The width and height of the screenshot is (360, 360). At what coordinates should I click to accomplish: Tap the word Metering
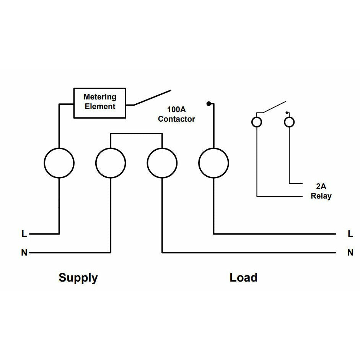point(100,97)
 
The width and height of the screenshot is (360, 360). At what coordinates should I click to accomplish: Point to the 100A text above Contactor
point(176,109)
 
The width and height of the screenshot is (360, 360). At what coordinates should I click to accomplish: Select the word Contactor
point(176,119)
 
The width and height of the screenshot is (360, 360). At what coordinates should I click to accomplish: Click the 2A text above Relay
point(321,187)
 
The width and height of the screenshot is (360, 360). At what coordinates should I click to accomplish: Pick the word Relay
point(321,196)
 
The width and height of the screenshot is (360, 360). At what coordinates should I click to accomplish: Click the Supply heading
point(78,277)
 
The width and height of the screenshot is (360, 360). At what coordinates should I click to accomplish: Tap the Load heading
point(243,277)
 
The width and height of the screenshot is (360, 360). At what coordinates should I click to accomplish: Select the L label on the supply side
point(24,234)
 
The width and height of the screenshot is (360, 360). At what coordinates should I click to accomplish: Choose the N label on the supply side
point(24,252)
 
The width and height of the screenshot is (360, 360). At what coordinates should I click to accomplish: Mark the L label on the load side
point(350,234)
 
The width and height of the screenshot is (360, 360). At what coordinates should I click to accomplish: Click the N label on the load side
point(350,252)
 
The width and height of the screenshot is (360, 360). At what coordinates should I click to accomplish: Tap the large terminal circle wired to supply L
point(59,163)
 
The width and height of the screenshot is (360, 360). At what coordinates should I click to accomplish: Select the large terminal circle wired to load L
point(214,163)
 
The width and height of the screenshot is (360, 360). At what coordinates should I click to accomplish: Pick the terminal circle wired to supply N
point(111,163)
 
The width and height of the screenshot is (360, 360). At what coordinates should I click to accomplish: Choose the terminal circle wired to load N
point(162,163)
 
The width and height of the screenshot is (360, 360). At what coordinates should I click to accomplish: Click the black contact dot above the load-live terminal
point(209,104)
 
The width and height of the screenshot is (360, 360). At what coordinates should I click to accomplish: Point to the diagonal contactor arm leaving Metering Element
point(152,98)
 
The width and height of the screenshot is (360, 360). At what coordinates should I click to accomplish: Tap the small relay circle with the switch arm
point(257,122)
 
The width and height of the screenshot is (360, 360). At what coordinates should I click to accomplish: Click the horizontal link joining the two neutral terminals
point(136,134)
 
